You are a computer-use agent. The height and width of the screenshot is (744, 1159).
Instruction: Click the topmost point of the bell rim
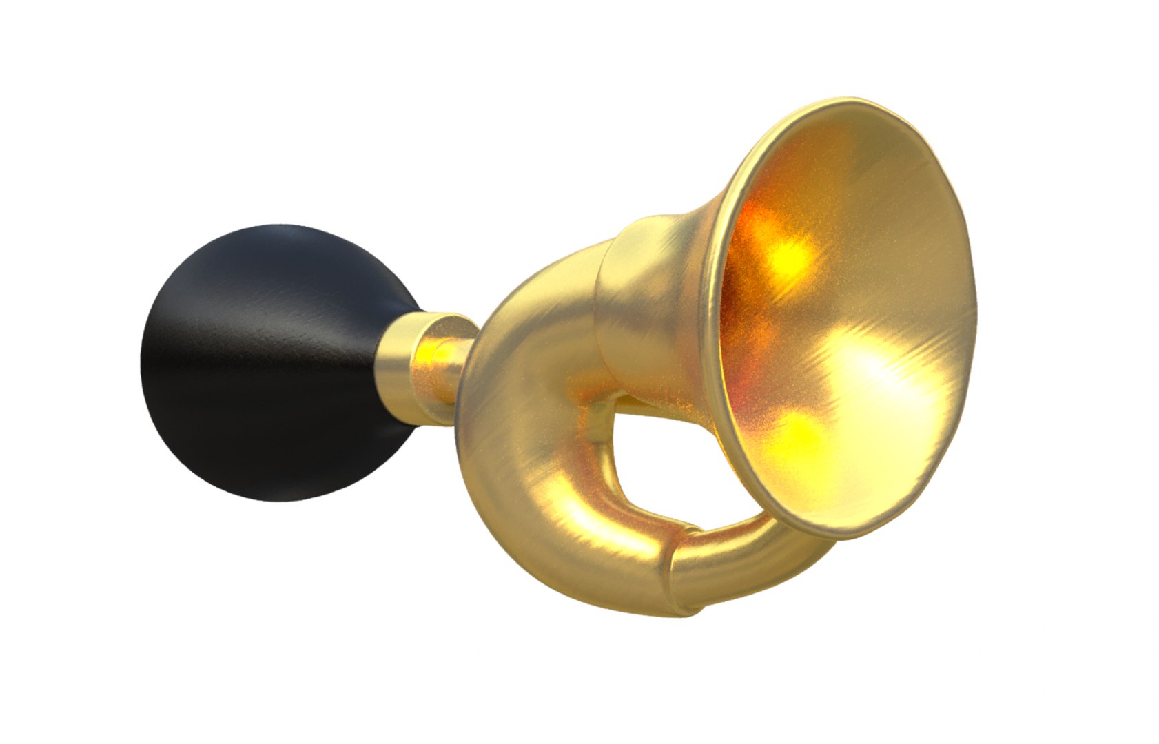(854, 100)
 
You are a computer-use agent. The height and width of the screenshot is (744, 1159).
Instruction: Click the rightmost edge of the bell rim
(976, 289)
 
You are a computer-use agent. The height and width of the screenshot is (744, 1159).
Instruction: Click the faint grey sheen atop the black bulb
(289, 238)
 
